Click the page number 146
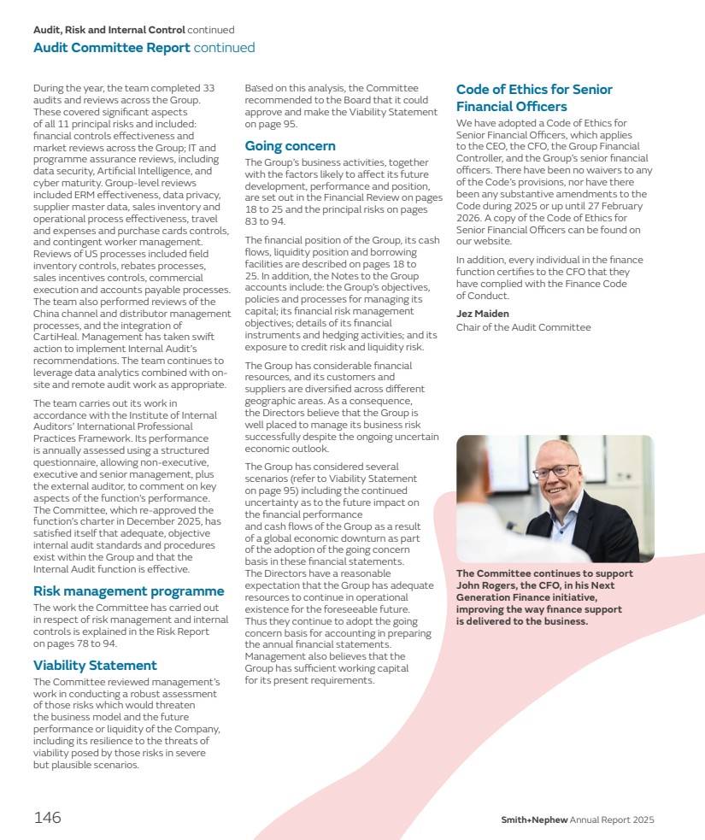click(x=47, y=818)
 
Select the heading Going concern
click(x=290, y=146)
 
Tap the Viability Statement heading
click(x=95, y=665)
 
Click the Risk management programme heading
click(x=128, y=590)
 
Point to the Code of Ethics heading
click(x=534, y=97)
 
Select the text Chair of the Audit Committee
click(x=523, y=327)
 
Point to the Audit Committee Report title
click(x=111, y=48)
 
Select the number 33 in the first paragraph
click(x=207, y=88)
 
